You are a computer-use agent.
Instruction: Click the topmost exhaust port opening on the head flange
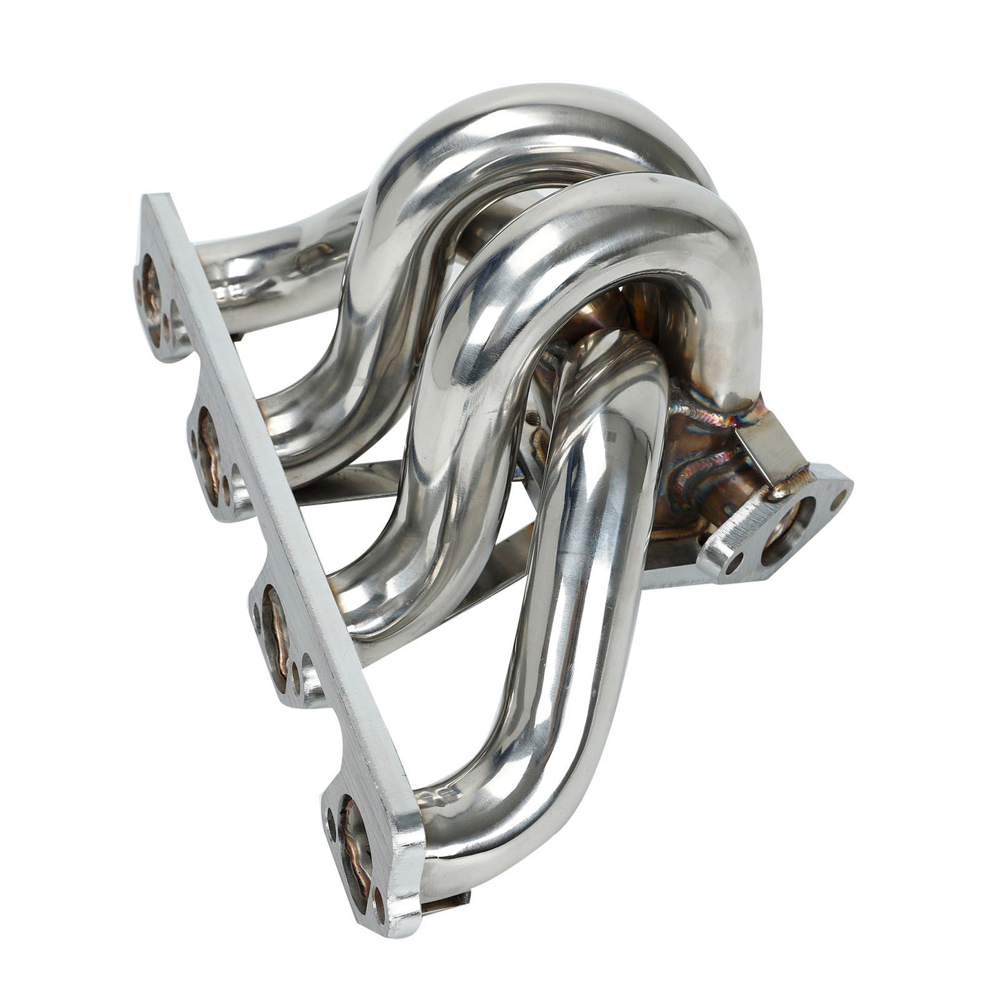tap(151, 299)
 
